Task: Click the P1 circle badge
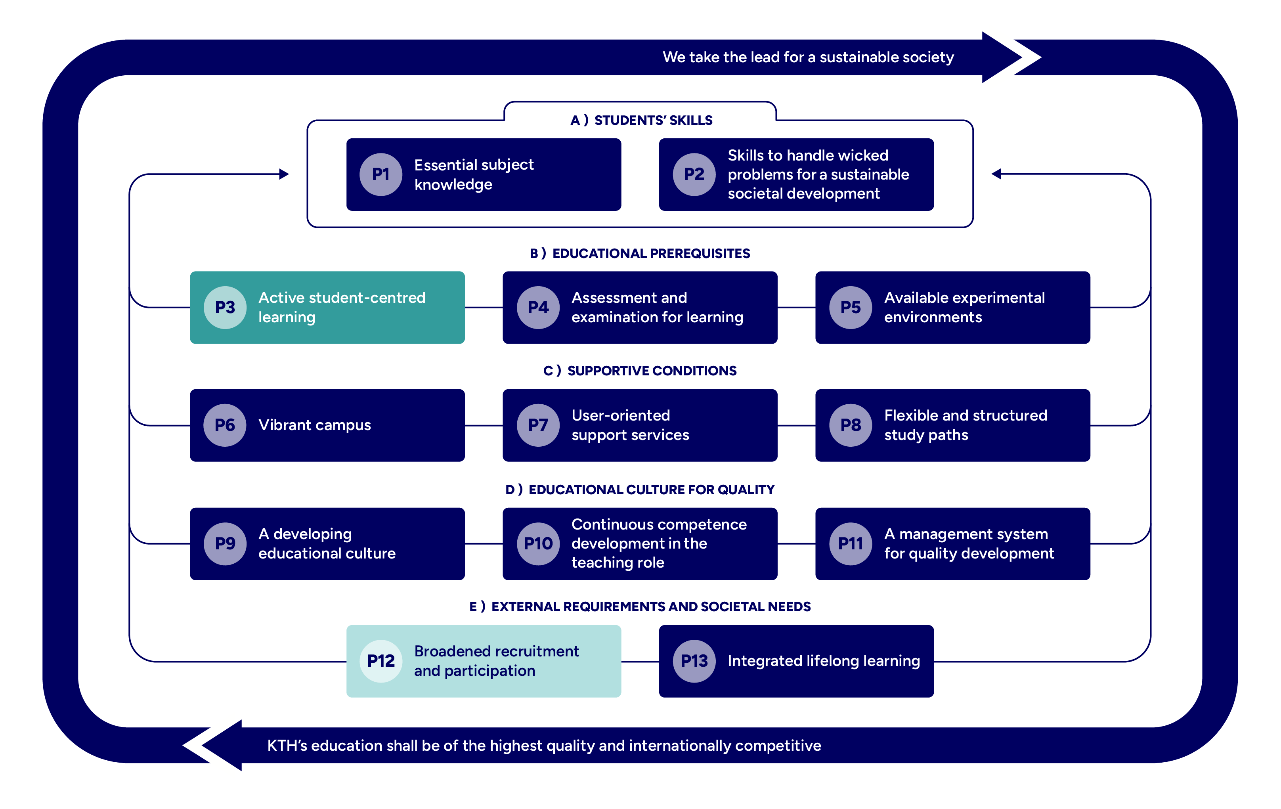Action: (x=380, y=174)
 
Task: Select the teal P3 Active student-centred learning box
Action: (x=327, y=308)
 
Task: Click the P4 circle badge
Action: (x=538, y=308)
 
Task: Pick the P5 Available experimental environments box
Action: (x=952, y=308)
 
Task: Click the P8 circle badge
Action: (x=850, y=425)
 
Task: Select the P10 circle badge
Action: (x=538, y=543)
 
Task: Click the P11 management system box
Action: (x=952, y=543)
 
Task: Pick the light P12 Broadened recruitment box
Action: (x=484, y=661)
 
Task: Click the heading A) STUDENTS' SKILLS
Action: (x=641, y=120)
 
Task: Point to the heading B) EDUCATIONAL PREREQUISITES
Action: (x=640, y=254)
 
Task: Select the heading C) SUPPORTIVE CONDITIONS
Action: (x=640, y=371)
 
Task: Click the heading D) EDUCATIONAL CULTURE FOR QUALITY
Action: (x=640, y=490)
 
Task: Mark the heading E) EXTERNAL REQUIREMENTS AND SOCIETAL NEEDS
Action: (x=640, y=607)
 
